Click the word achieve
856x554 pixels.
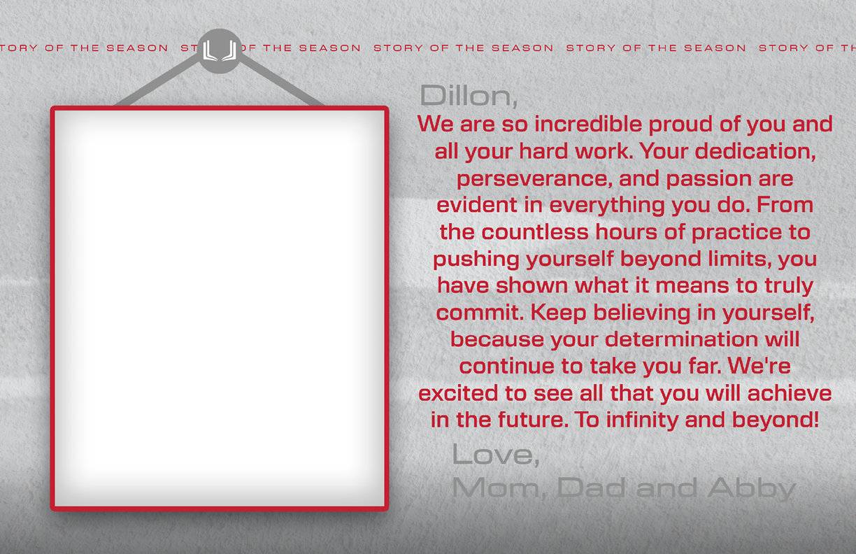790,393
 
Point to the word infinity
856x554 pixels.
643,420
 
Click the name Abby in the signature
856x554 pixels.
751,488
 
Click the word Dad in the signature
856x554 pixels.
591,488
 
